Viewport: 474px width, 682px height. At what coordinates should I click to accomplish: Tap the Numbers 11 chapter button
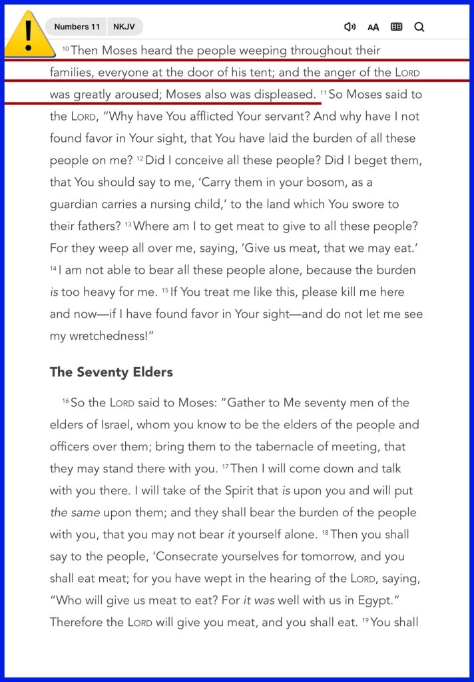click(x=77, y=27)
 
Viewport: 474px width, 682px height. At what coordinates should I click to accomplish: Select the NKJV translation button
click(x=123, y=27)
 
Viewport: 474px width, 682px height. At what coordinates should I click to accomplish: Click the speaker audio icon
click(x=350, y=27)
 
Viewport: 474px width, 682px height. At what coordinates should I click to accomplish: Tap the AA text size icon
click(x=373, y=27)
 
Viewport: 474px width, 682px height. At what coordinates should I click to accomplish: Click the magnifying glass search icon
click(x=419, y=27)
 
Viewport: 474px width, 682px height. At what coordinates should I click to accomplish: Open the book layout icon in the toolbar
click(x=396, y=27)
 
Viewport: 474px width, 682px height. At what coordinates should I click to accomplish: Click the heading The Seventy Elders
click(x=111, y=372)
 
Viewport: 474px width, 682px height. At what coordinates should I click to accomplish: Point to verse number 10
click(x=66, y=49)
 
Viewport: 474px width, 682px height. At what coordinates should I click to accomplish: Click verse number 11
click(x=324, y=93)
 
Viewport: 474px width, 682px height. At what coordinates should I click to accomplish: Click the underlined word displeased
click(x=285, y=95)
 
